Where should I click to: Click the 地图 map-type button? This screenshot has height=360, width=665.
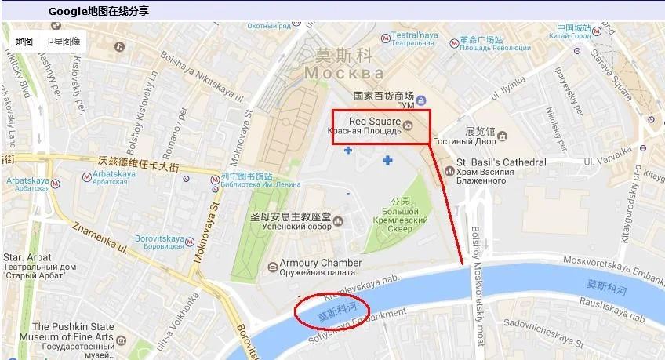click(24, 42)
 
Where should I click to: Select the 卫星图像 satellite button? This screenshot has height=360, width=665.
click(62, 42)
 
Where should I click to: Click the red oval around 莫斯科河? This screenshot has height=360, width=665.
click(332, 312)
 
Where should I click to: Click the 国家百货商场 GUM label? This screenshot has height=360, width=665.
click(383, 96)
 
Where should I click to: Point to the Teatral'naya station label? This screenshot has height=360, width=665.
click(415, 35)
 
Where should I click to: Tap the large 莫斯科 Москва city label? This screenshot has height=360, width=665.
click(343, 64)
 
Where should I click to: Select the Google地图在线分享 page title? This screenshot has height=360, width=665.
click(98, 11)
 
